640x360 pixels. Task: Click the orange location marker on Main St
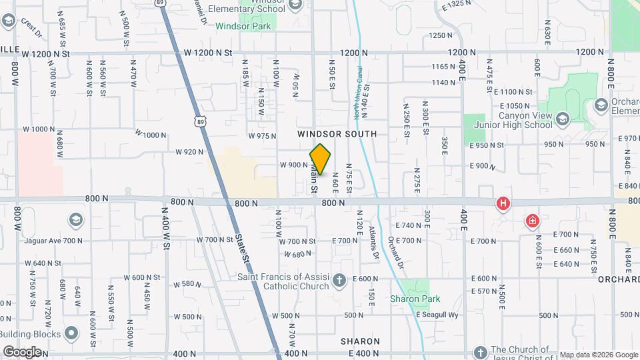click(321, 159)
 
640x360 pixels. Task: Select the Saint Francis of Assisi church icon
click(340, 279)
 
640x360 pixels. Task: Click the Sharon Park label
click(411, 299)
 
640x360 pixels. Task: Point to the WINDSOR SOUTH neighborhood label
click(337, 134)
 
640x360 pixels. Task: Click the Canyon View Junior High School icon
click(563, 119)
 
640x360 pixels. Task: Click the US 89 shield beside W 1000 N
click(201, 121)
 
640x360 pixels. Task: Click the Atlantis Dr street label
click(374, 241)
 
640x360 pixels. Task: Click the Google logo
click(22, 351)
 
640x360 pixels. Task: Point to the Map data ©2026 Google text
click(598, 355)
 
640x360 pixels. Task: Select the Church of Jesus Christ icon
click(480, 351)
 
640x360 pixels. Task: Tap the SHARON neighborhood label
click(360, 341)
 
